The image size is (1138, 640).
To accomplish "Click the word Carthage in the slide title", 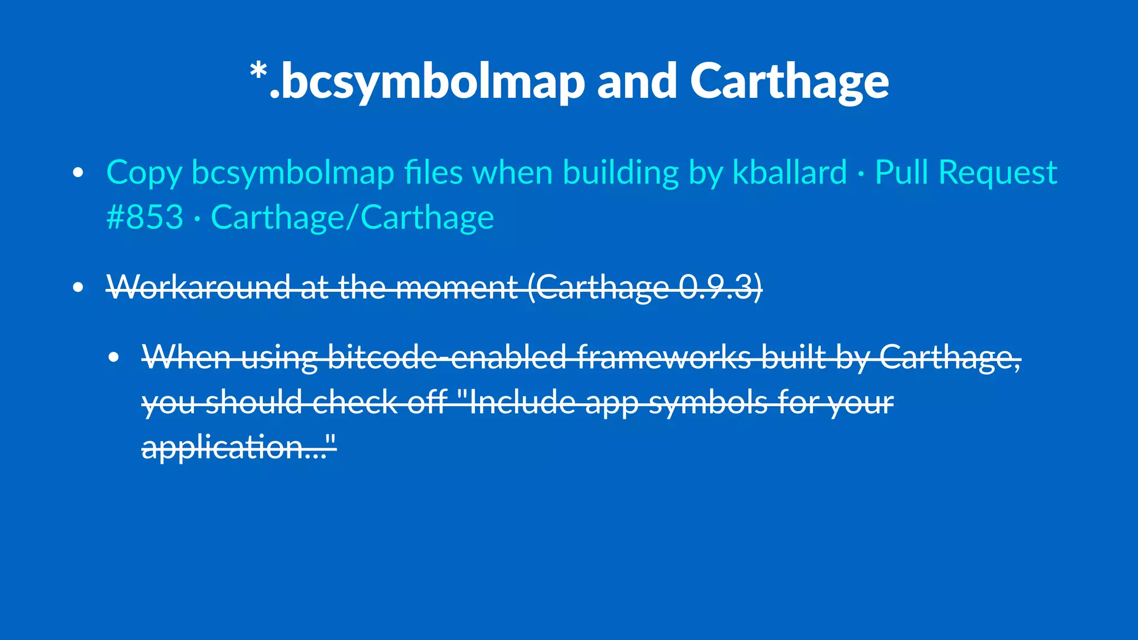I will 789,82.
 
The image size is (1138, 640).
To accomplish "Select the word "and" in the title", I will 637,82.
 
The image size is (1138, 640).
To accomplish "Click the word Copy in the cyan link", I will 144,173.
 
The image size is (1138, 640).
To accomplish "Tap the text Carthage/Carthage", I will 352,218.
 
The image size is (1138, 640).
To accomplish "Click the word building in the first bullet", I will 621,173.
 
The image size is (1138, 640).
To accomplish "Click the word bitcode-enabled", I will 447,357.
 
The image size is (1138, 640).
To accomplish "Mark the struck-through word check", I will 355,402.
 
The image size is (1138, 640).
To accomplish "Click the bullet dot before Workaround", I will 78,287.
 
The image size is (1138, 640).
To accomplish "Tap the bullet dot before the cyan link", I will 78,173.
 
